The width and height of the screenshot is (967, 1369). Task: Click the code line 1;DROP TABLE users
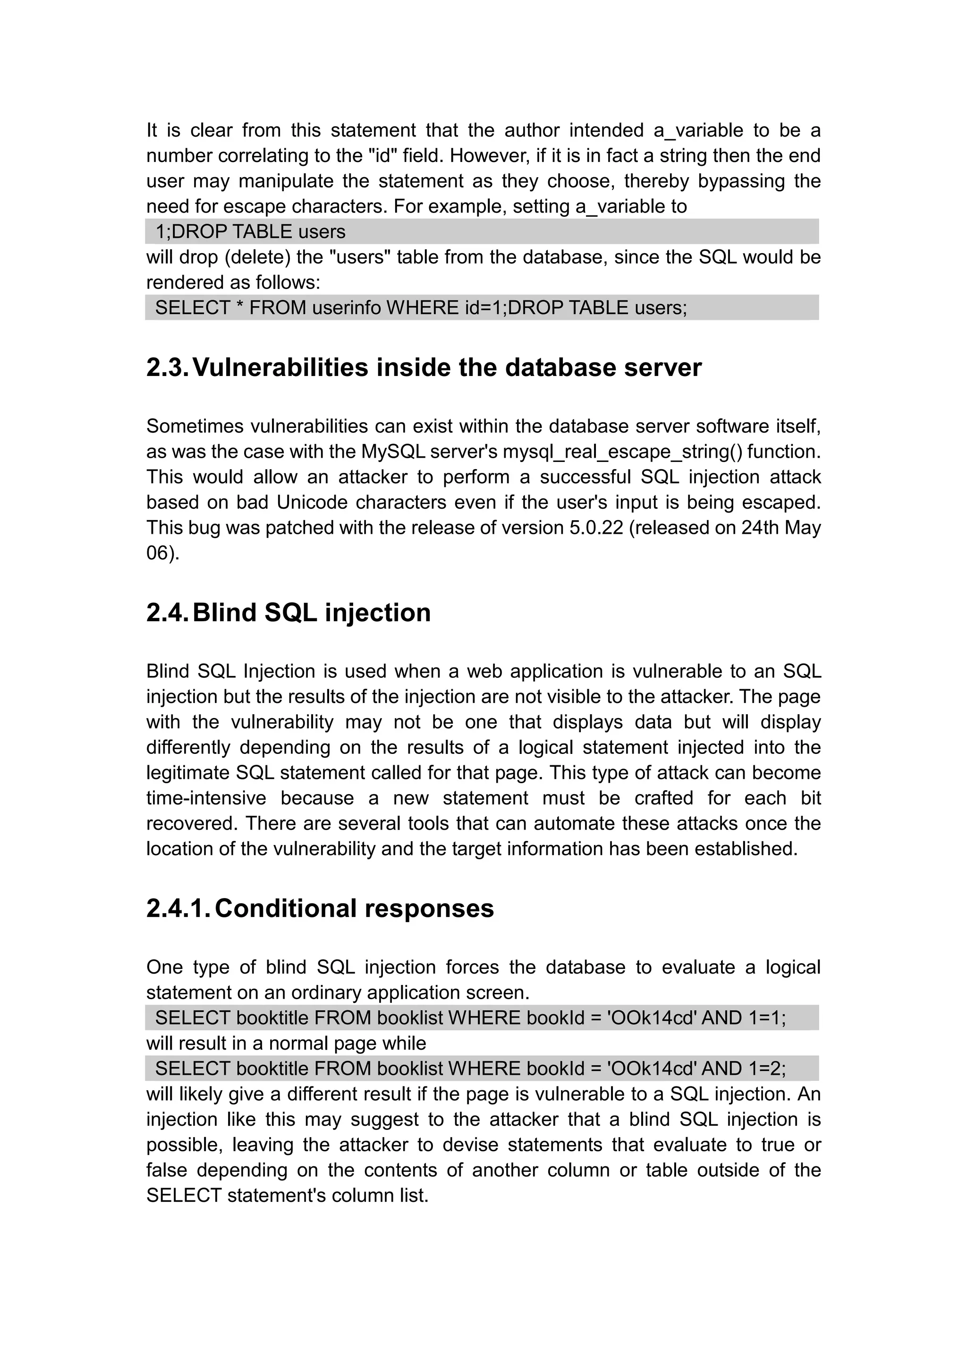(250, 231)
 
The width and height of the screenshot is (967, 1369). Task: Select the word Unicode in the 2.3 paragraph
(312, 503)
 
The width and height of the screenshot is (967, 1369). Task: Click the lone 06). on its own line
(162, 553)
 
